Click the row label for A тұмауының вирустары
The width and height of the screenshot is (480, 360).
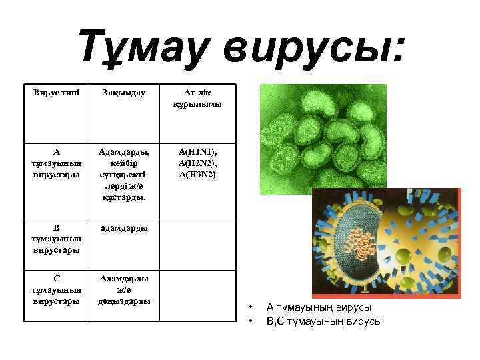[56, 163]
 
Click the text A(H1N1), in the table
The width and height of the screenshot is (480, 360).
[197, 151]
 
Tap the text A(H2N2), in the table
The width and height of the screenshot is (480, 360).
[197, 163]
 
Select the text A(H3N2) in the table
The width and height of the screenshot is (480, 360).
[197, 174]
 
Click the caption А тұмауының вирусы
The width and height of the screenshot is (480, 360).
[319, 307]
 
